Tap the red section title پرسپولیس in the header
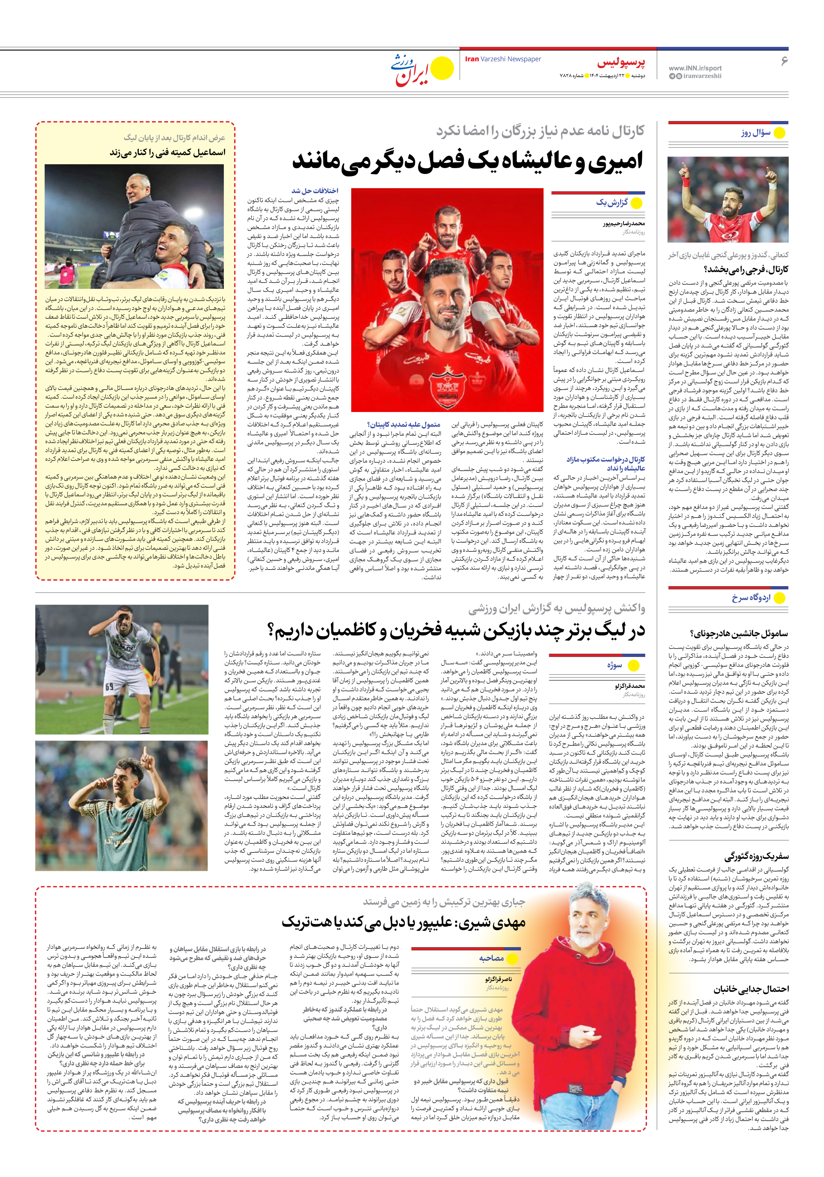point(620,63)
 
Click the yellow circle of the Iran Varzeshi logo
point(442,68)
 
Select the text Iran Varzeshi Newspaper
point(503,59)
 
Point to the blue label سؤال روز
point(755,133)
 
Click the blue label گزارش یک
point(612,202)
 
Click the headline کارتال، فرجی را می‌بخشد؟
point(746,269)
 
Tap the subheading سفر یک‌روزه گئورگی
point(756,857)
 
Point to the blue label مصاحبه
point(491,958)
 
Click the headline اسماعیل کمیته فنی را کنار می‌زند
point(167,152)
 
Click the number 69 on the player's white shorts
point(109,687)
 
